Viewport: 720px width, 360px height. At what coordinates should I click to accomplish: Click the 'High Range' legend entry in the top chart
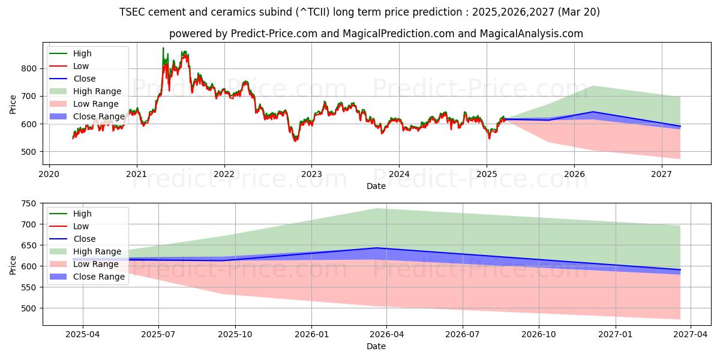pos(97,91)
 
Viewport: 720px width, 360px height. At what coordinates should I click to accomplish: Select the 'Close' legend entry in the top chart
pos(84,79)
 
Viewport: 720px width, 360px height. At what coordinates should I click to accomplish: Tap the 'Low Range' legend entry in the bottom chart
pos(95,264)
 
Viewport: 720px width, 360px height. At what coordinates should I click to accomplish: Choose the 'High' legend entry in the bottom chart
pos(82,214)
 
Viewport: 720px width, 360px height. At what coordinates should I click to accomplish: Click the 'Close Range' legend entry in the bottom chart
pos(98,277)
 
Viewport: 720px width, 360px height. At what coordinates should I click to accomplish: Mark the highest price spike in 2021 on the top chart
pos(163,48)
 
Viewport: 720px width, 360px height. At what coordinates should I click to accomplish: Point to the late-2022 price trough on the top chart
pos(295,140)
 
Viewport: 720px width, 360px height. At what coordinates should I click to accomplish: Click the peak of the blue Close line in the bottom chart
pos(376,248)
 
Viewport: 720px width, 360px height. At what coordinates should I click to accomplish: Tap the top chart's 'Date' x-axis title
pos(376,186)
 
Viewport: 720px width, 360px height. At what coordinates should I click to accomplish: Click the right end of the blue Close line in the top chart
pos(680,126)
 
